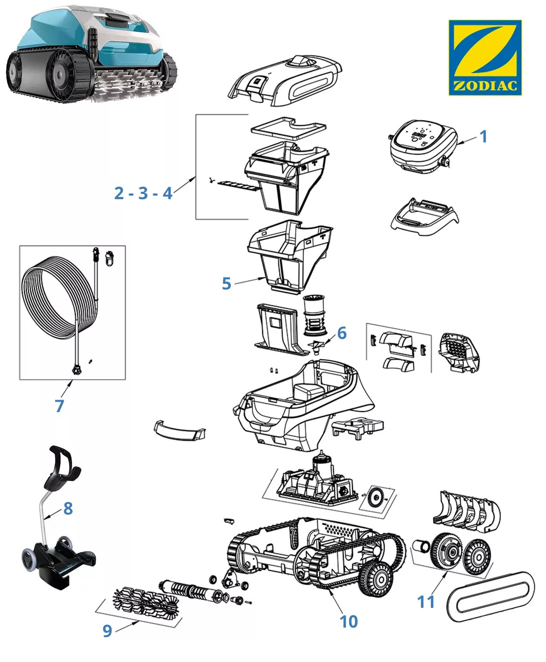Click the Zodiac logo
click(x=485, y=57)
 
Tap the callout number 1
click(x=484, y=136)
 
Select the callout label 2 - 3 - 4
click(x=143, y=193)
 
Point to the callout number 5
click(x=226, y=283)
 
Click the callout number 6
click(x=342, y=333)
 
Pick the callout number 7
click(x=59, y=406)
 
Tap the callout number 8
click(x=68, y=508)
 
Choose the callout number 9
click(x=107, y=631)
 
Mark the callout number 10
click(x=349, y=621)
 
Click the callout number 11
click(x=426, y=601)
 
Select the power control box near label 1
click(x=422, y=146)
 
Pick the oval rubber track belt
click(x=491, y=596)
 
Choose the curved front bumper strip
click(x=179, y=431)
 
